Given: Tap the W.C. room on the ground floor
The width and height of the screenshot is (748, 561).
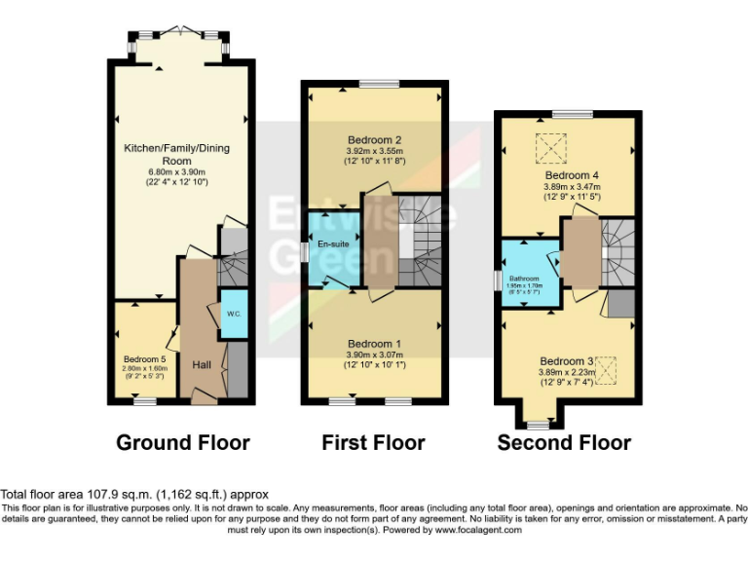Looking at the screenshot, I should (234, 315).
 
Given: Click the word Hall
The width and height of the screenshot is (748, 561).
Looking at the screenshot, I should (202, 364).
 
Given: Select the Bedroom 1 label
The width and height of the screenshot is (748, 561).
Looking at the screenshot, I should (374, 344).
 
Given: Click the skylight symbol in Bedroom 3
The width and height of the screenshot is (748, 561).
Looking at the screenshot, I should (606, 369).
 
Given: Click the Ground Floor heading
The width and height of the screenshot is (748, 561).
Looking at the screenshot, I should (182, 443).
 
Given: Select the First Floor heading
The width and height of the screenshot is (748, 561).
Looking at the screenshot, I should (373, 443).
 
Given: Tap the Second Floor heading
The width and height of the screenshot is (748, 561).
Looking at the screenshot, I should (564, 443).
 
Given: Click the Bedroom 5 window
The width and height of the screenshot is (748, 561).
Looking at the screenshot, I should (147, 400).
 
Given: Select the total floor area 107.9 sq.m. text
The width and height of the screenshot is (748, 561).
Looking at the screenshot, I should (134, 495).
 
